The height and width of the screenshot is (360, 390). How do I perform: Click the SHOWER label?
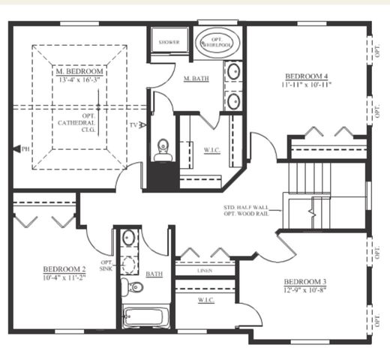point(168,43)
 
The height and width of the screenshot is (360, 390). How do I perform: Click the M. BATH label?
point(196,79)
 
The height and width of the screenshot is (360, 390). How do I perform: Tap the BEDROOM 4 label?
point(307,76)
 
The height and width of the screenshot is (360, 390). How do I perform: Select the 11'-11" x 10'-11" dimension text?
point(307,84)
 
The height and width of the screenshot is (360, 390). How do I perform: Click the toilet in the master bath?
point(163,149)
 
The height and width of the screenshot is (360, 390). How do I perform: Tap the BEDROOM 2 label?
point(64,269)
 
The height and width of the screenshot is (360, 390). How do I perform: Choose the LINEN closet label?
point(204,271)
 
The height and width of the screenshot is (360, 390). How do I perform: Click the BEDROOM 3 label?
point(305,281)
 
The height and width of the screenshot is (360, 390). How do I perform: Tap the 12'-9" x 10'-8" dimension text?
point(305,289)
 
